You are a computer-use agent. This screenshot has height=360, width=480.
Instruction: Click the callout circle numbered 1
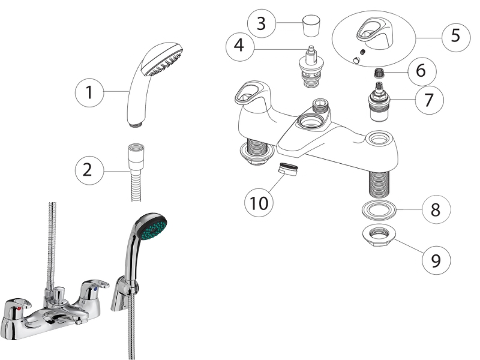click(89, 92)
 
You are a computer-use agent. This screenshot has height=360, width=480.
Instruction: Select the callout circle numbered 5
click(456, 35)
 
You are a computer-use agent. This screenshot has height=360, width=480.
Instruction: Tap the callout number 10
click(259, 203)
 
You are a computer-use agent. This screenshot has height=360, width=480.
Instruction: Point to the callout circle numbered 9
click(436, 260)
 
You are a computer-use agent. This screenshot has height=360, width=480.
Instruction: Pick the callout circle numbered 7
click(429, 100)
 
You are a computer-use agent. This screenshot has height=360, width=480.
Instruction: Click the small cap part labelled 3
click(311, 26)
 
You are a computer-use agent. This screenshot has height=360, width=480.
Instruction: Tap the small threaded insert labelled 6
click(379, 73)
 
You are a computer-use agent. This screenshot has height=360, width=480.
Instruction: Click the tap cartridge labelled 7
click(379, 101)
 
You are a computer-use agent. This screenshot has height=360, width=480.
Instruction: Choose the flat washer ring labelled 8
click(379, 211)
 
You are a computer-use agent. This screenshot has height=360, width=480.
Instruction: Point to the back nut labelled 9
click(379, 236)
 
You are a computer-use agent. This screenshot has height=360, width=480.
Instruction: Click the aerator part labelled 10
click(288, 169)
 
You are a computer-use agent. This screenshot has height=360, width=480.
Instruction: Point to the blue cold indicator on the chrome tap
click(96, 289)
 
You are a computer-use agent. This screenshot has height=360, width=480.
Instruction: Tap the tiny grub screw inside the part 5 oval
click(363, 52)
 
